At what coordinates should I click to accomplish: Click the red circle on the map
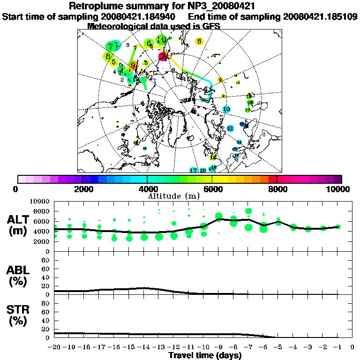pyautogui.click(x=163, y=57)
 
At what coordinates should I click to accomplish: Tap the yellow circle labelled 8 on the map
pyautogui.click(x=199, y=41)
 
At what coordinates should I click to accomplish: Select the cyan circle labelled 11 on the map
pyautogui.click(x=230, y=128)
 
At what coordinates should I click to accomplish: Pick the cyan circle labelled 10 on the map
pyautogui.click(x=226, y=109)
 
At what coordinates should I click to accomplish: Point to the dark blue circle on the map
pyautogui.click(x=242, y=124)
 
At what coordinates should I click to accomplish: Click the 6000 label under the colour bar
pyautogui.click(x=212, y=189)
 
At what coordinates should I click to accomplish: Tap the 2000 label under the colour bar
pyautogui.click(x=82, y=189)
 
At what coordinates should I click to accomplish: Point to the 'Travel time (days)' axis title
pyautogui.click(x=205, y=355)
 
